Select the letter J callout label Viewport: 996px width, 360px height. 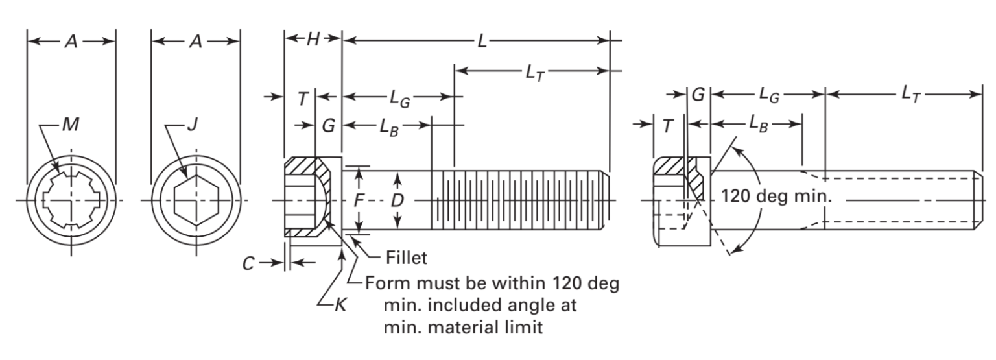[x=191, y=125]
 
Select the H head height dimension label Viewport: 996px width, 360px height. [x=313, y=40]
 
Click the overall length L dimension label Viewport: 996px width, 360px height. [x=481, y=40]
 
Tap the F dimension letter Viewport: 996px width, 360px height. [x=358, y=200]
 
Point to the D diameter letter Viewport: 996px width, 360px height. [x=397, y=200]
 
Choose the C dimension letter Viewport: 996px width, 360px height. [x=248, y=263]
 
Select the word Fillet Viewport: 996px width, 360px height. [x=407, y=258]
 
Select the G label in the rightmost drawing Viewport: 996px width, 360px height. [x=698, y=95]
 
